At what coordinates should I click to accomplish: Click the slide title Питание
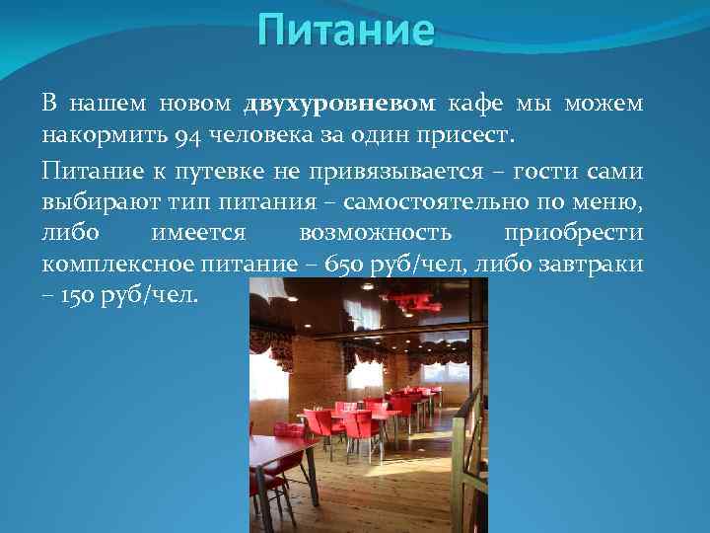tap(345, 31)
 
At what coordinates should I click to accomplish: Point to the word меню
tap(617, 202)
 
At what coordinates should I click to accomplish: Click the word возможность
tap(374, 233)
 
